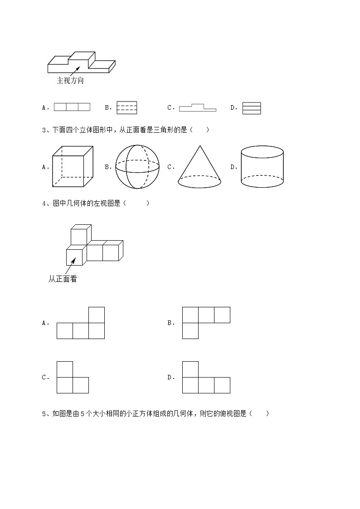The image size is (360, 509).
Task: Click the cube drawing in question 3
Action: [x=73, y=167]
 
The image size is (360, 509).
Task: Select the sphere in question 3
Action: [x=137, y=167]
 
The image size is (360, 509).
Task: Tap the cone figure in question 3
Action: [x=199, y=167]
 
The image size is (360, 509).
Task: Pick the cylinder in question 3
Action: [x=263, y=167]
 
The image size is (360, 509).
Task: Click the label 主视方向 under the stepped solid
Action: [x=70, y=81]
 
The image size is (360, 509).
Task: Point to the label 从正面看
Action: [x=63, y=279]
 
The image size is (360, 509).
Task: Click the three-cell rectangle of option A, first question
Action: [x=72, y=107]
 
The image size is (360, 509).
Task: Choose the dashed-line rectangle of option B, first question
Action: [x=126, y=107]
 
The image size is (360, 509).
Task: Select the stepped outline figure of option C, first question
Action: [x=197, y=107]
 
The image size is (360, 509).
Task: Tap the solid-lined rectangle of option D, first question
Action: [x=252, y=108]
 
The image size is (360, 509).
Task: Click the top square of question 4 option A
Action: [x=97, y=315]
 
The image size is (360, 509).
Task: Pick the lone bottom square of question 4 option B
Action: [x=190, y=331]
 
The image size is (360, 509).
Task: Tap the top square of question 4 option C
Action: [x=65, y=369]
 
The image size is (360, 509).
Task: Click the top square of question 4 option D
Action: [x=190, y=369]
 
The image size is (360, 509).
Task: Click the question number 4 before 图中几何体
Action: [x=44, y=204]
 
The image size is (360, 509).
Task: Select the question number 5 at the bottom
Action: [x=44, y=413]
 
